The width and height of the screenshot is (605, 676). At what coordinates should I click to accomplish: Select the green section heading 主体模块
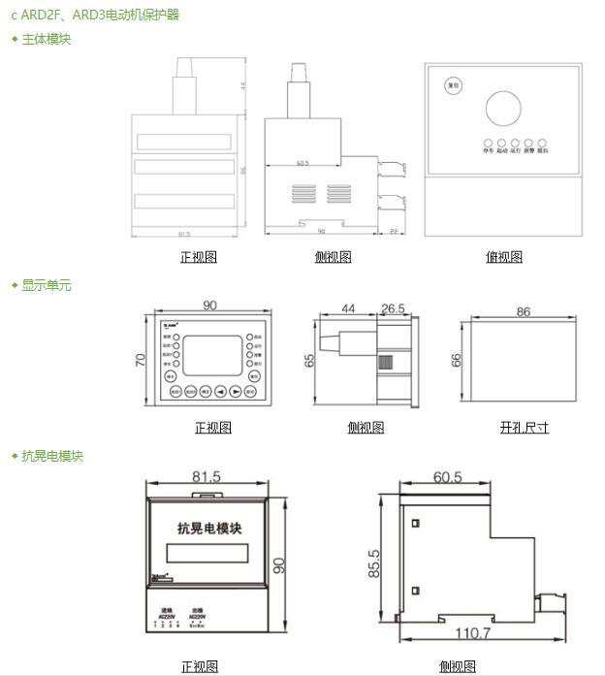[46, 39]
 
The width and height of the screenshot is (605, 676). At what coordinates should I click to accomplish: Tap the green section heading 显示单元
[46, 285]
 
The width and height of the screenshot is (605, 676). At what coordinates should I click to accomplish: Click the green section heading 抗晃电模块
[52, 456]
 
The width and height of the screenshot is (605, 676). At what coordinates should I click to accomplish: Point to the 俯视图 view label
[503, 257]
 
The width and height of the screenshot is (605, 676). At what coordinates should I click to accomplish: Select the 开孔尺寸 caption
[524, 427]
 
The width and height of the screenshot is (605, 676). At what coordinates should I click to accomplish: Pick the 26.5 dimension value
[393, 308]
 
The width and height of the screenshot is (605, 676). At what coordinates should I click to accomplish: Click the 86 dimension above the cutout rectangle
[524, 312]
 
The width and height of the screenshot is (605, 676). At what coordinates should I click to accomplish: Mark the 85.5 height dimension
[374, 563]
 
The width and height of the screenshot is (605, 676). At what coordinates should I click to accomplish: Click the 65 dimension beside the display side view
[309, 360]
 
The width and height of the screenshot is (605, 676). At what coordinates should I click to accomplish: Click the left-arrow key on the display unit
[220, 392]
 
